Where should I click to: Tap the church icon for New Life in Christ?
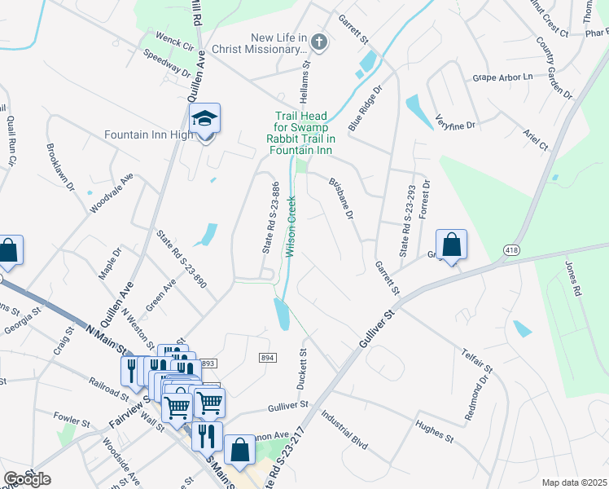click(320, 42)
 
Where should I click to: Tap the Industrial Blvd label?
click(344, 430)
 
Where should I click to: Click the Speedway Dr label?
click(166, 63)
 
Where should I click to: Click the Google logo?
click(28, 479)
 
